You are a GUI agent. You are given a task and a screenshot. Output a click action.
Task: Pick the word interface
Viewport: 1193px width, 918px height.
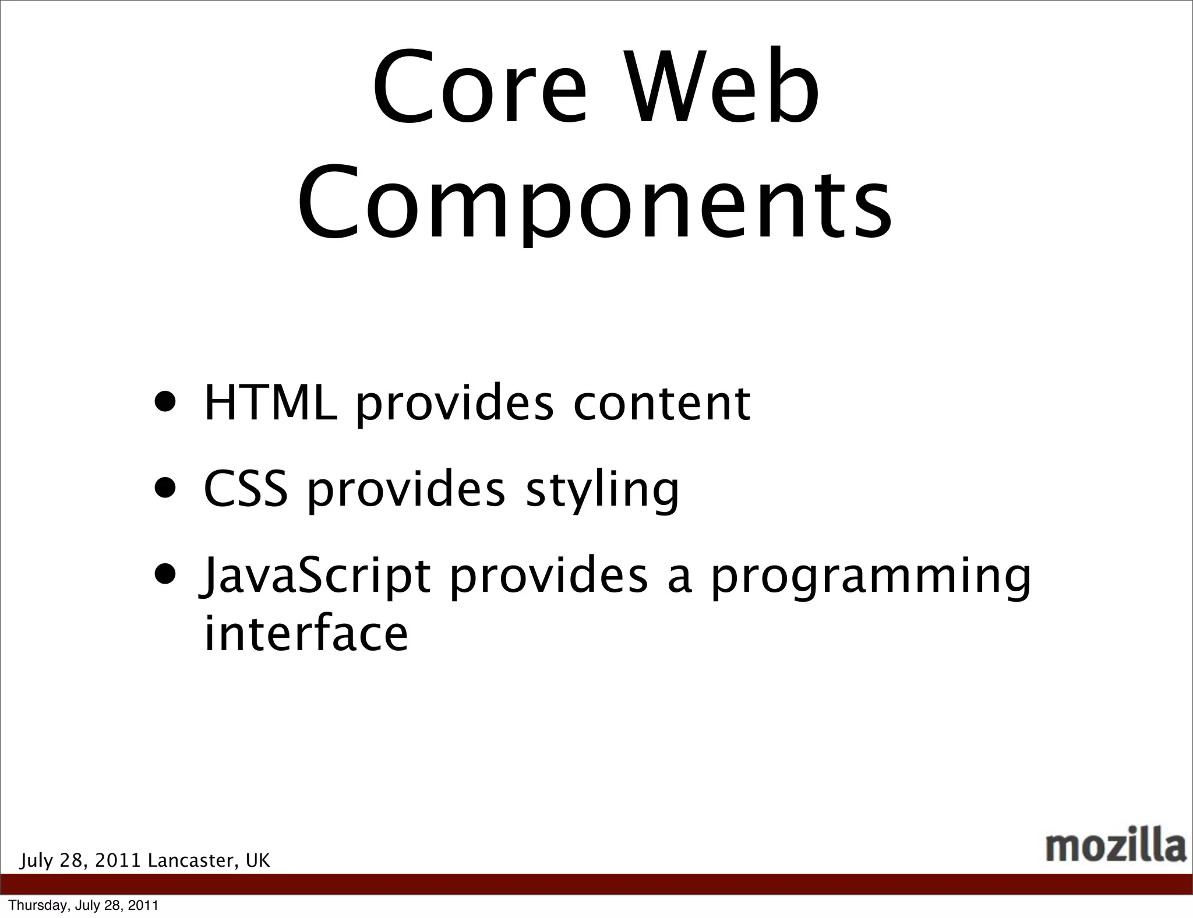tap(306, 634)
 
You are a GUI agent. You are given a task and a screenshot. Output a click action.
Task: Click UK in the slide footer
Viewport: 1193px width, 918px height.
tap(258, 860)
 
